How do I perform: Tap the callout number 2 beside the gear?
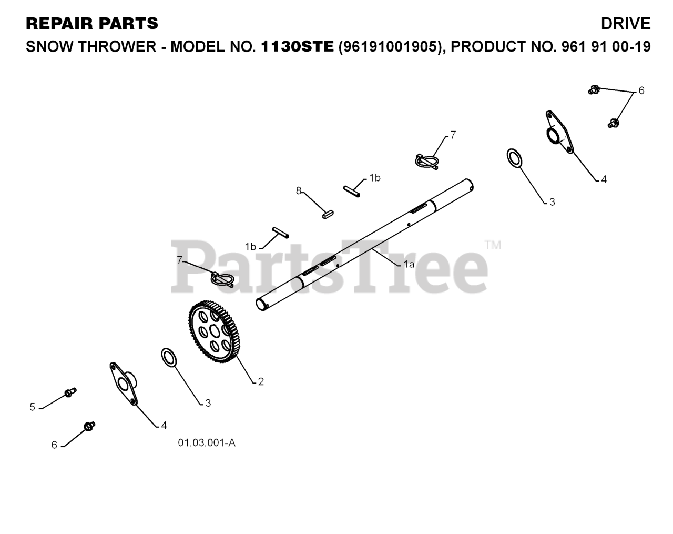[261, 381]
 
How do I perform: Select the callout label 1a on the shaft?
[409, 264]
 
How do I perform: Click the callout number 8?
[299, 190]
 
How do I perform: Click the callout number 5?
[32, 407]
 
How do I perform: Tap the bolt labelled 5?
[70, 392]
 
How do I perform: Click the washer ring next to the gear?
[169, 357]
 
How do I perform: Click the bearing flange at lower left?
[124, 384]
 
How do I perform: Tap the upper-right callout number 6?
[641, 90]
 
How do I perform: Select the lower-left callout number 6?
[54, 445]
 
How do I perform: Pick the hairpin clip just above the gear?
[222, 278]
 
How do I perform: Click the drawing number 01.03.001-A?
[206, 443]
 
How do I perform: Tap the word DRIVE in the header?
[626, 24]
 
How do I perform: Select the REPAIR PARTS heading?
[91, 24]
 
